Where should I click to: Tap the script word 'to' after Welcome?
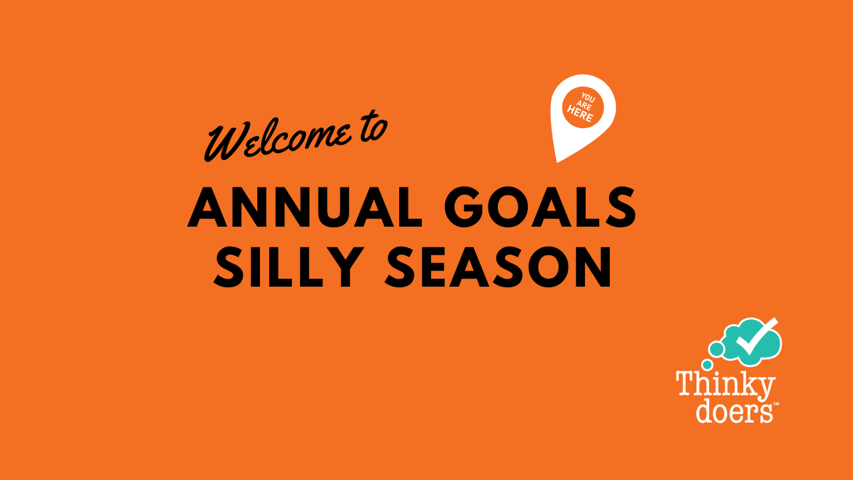(374, 127)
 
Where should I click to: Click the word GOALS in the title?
(540, 207)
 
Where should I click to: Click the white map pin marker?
(582, 114)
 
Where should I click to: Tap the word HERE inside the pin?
(580, 113)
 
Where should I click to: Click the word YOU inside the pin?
(588, 98)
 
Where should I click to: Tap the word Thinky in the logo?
(726, 386)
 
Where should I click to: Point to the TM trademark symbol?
(776, 404)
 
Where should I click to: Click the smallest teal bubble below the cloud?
(707, 365)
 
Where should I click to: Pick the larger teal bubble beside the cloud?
(716, 349)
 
